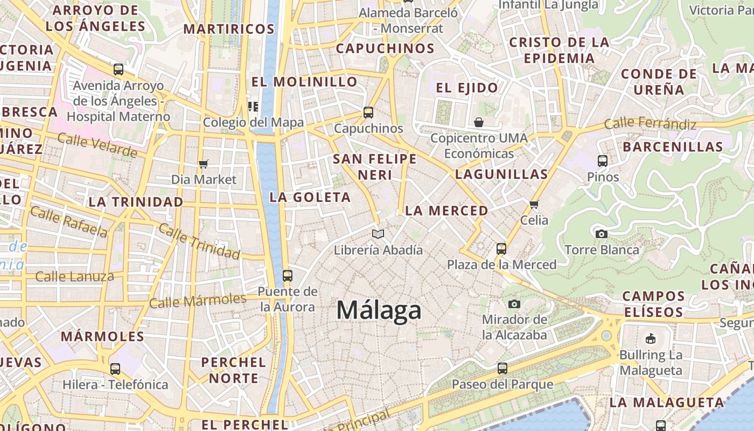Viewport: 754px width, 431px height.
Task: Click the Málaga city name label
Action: coord(379,311)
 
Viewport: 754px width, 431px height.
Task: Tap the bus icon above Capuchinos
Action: coord(368,113)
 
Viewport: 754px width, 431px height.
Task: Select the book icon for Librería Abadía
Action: coord(378,234)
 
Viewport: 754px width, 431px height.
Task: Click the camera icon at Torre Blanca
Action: coord(602,234)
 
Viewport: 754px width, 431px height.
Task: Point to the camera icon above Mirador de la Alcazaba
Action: coord(514,304)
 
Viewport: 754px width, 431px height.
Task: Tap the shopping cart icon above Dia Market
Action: coord(204,164)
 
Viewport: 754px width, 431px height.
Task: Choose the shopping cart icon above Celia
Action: coord(534,204)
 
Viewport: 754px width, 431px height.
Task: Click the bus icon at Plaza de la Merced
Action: coord(501,249)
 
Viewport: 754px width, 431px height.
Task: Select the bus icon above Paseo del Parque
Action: coord(502,369)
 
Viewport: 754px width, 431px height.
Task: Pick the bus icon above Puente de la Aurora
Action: coord(288,276)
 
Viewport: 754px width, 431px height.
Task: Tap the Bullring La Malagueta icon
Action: coord(651,339)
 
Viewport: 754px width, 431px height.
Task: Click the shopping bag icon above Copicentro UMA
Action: coord(479,122)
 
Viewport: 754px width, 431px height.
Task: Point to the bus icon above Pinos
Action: coord(603,161)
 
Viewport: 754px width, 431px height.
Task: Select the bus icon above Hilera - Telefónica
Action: coord(115,369)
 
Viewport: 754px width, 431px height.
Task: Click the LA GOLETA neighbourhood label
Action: coord(310,197)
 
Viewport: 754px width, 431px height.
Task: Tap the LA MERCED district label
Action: coord(446,211)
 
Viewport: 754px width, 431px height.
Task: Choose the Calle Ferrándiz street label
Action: coord(650,123)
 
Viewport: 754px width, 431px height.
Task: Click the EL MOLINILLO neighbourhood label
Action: coord(304,82)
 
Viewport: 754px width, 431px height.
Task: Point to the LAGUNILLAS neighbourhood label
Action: coord(501,174)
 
